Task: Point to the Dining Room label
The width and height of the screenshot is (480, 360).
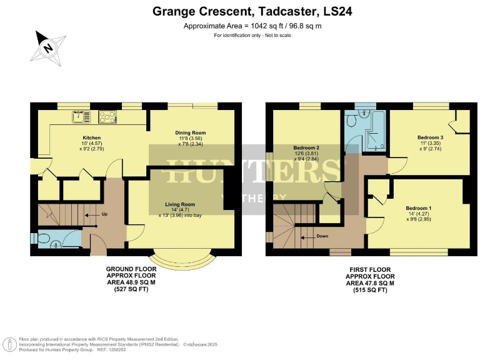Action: click(190, 132)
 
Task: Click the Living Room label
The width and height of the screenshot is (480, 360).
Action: click(180, 204)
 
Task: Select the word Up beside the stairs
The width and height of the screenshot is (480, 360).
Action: click(105, 214)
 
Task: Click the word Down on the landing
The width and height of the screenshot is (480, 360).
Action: click(322, 236)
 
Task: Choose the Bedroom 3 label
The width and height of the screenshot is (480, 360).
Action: click(430, 137)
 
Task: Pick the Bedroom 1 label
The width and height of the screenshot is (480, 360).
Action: click(418, 207)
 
